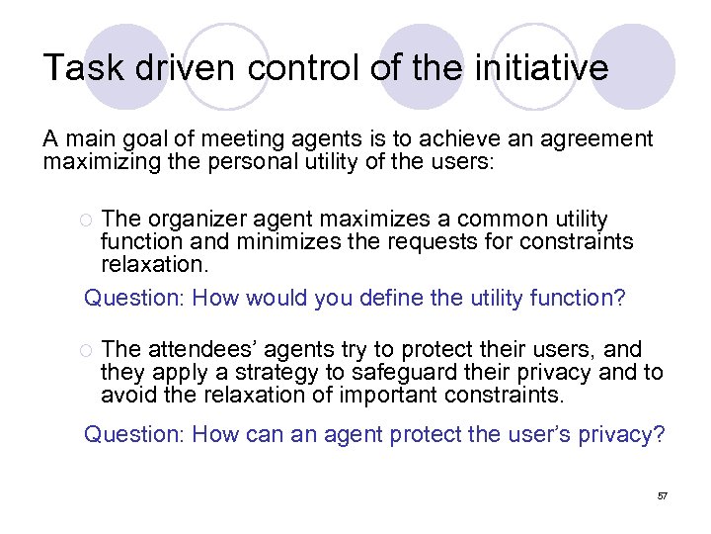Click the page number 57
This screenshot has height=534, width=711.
pyautogui.click(x=663, y=494)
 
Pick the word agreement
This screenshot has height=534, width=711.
pyautogui.click(x=593, y=139)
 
